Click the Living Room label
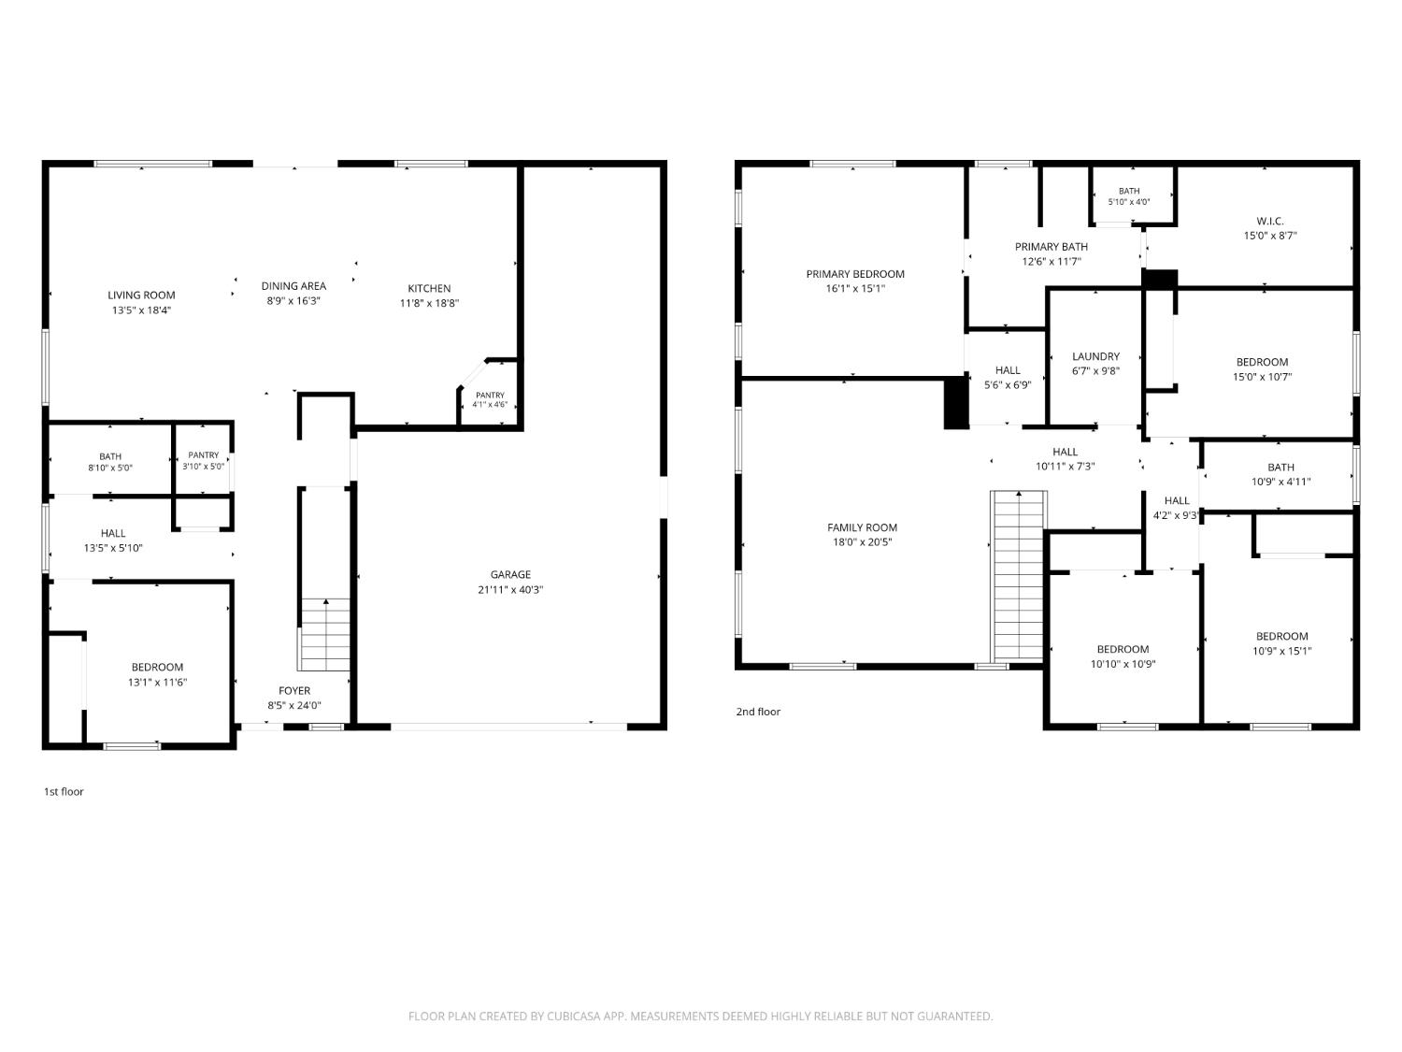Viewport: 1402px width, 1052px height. pyautogui.click(x=141, y=295)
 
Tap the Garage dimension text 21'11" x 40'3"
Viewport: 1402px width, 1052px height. pyautogui.click(x=510, y=589)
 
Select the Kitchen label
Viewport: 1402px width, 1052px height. pyautogui.click(x=429, y=289)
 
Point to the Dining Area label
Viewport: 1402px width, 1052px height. pyautogui.click(x=293, y=286)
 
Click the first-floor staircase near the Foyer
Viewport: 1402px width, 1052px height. pyautogui.click(x=325, y=634)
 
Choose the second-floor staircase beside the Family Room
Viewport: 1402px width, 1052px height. pyautogui.click(x=1019, y=576)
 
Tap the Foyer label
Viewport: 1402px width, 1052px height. pyautogui.click(x=294, y=690)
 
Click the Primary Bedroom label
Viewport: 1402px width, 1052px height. pyautogui.click(x=855, y=274)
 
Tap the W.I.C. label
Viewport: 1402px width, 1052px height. pyautogui.click(x=1270, y=221)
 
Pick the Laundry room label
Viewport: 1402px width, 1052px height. pyautogui.click(x=1096, y=356)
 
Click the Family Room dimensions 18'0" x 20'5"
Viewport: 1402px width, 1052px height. pyautogui.click(x=863, y=542)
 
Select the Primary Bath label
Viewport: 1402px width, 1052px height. pyautogui.click(x=1051, y=247)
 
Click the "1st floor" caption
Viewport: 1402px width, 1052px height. pyautogui.click(x=64, y=791)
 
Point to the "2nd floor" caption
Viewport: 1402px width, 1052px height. pyautogui.click(x=758, y=712)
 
